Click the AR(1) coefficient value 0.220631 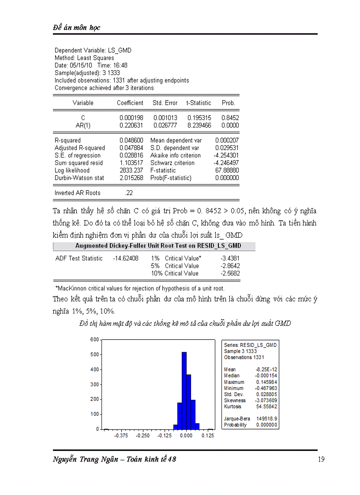pyautogui.click(x=131, y=125)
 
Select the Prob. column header pyautogui.click(x=228, y=103)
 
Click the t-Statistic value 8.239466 pyautogui.click(x=199, y=125)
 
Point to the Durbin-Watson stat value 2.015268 pyautogui.click(x=131, y=178)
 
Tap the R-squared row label pyautogui.click(x=67, y=140)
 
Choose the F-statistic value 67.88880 pyautogui.click(x=227, y=170)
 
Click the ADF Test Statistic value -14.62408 pyautogui.click(x=126, y=258)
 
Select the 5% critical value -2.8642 pyautogui.click(x=230, y=266)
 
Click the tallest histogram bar pyautogui.click(x=184, y=390)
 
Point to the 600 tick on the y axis pyautogui.click(x=94, y=339)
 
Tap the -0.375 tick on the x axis pyautogui.click(x=121, y=435)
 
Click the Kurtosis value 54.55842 pyautogui.click(x=266, y=406)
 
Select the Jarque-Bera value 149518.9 pyautogui.click(x=267, y=419)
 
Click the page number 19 pyautogui.click(x=321, y=459)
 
